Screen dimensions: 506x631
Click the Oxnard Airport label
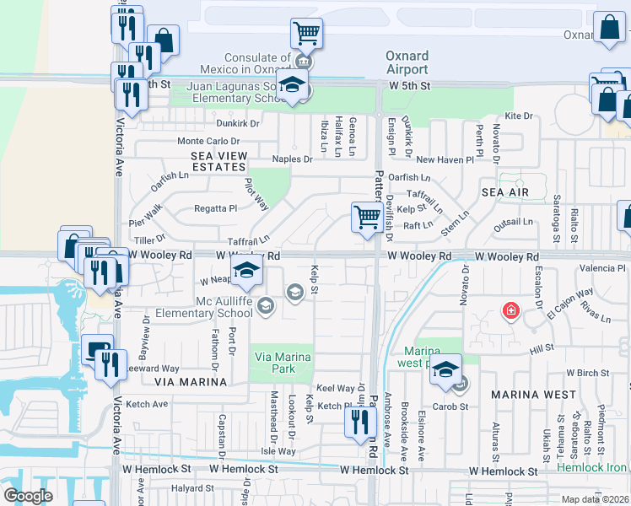tap(407, 62)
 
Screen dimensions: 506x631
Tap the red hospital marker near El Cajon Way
tap(510, 311)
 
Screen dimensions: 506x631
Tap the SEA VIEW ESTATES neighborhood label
tap(208, 161)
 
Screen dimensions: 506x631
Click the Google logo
tap(27, 495)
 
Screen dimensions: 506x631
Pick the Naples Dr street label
tap(292, 159)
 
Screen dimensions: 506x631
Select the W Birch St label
tap(587, 372)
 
